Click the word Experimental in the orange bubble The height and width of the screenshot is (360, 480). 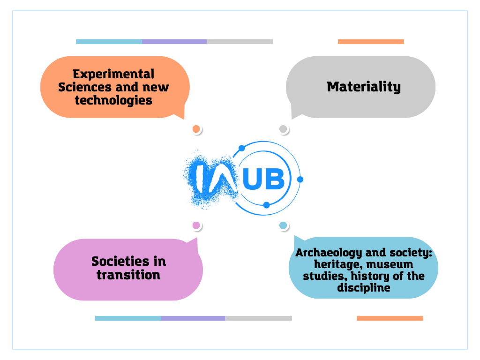point(113,75)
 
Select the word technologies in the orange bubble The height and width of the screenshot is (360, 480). point(113,100)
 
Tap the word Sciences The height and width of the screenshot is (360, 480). point(84,87)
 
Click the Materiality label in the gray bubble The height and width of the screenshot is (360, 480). point(364,87)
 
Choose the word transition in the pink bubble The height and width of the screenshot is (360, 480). point(128,275)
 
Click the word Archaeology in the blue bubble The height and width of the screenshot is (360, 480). point(329,253)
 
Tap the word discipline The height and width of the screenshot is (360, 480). point(364,288)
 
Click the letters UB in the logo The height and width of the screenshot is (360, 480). point(263,179)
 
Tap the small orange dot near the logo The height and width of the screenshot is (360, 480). point(196,129)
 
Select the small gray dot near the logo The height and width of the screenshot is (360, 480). point(283,129)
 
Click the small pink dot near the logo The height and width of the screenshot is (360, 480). point(196,225)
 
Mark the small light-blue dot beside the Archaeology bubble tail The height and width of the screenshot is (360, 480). point(283,225)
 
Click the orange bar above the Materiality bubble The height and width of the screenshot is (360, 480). point(371,42)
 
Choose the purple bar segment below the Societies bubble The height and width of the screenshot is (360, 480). point(194,318)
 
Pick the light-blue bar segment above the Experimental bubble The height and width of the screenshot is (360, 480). point(109,42)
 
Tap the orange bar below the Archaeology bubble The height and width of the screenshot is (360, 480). point(390,318)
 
